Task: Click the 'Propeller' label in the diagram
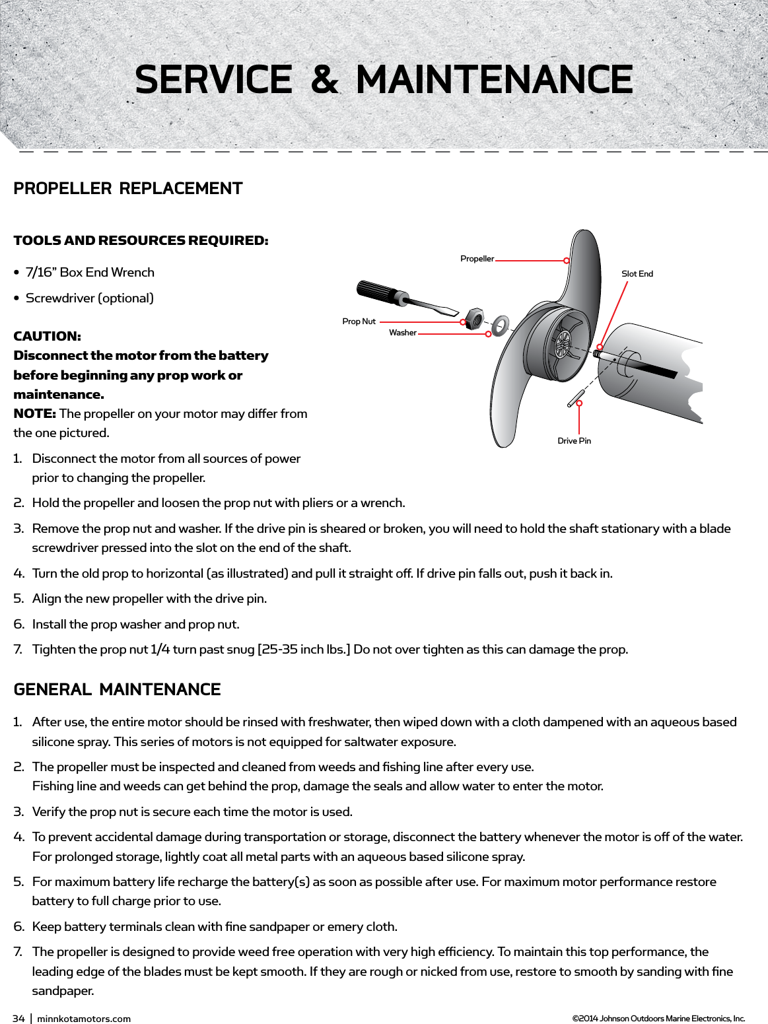(477, 259)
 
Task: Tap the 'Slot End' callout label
(637, 274)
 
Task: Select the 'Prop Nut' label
(359, 322)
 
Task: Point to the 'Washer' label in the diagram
(402, 333)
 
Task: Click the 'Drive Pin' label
(574, 441)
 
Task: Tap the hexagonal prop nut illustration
(473, 318)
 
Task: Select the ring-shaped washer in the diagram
(500, 325)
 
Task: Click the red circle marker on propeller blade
(567, 260)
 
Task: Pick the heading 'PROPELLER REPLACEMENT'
(128, 189)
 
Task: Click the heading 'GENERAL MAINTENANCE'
(117, 690)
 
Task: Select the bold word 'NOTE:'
(34, 414)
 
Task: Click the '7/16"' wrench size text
(41, 273)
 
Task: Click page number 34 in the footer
(18, 1019)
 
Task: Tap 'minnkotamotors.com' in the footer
(84, 1019)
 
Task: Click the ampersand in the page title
(324, 80)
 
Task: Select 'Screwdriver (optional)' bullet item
(89, 298)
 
